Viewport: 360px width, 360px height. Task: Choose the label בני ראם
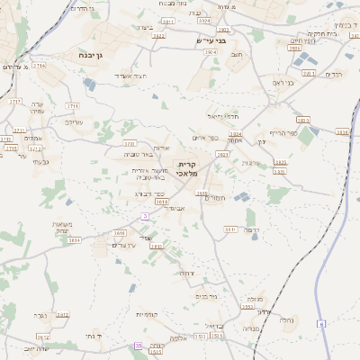(x=283, y=82)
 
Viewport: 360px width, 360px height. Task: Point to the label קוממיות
(x=146, y=315)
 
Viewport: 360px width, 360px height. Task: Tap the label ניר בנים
(x=207, y=295)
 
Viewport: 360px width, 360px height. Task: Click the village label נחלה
(x=287, y=319)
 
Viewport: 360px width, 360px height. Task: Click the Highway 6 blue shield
(x=320, y=323)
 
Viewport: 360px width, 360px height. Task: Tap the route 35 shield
(x=137, y=345)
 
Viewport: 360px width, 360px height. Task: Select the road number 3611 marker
(x=230, y=229)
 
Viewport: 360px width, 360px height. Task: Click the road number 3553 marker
(x=246, y=307)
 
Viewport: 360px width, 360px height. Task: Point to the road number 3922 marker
(x=158, y=36)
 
